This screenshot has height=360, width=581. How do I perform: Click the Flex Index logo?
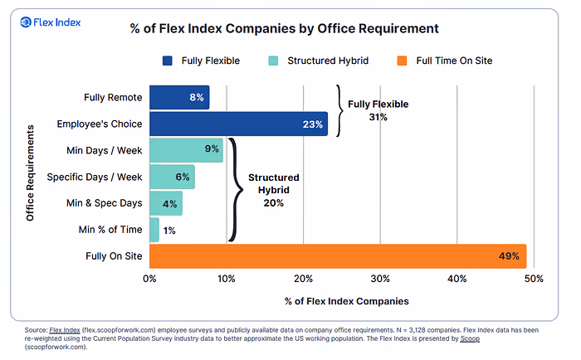point(50,22)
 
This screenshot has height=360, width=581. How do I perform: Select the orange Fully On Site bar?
point(338,256)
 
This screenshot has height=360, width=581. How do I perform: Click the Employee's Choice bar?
point(239,124)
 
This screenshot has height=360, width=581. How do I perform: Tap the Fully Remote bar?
point(179,97)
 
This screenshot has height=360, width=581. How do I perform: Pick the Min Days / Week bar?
point(187,150)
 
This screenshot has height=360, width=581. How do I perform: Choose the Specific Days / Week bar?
point(173,177)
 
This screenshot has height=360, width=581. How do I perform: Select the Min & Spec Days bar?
point(166,203)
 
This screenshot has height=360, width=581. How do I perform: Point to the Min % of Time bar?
point(154,230)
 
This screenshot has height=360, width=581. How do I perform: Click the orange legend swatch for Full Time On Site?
point(402,61)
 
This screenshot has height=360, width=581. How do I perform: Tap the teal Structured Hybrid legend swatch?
point(273,61)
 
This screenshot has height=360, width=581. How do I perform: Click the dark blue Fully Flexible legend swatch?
point(167,61)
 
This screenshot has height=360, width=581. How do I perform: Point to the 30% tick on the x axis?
point(380,279)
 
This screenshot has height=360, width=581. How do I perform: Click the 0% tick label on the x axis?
point(149,279)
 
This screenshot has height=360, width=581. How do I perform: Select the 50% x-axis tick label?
point(534,279)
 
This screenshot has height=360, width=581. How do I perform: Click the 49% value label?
point(509,256)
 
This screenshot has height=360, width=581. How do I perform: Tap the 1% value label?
point(169,231)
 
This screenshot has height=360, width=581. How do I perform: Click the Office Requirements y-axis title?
point(30,173)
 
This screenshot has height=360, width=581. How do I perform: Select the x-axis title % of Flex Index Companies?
point(347,301)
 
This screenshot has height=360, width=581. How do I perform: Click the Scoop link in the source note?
point(470,338)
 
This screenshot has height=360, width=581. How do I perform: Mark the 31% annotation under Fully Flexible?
point(378,117)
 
